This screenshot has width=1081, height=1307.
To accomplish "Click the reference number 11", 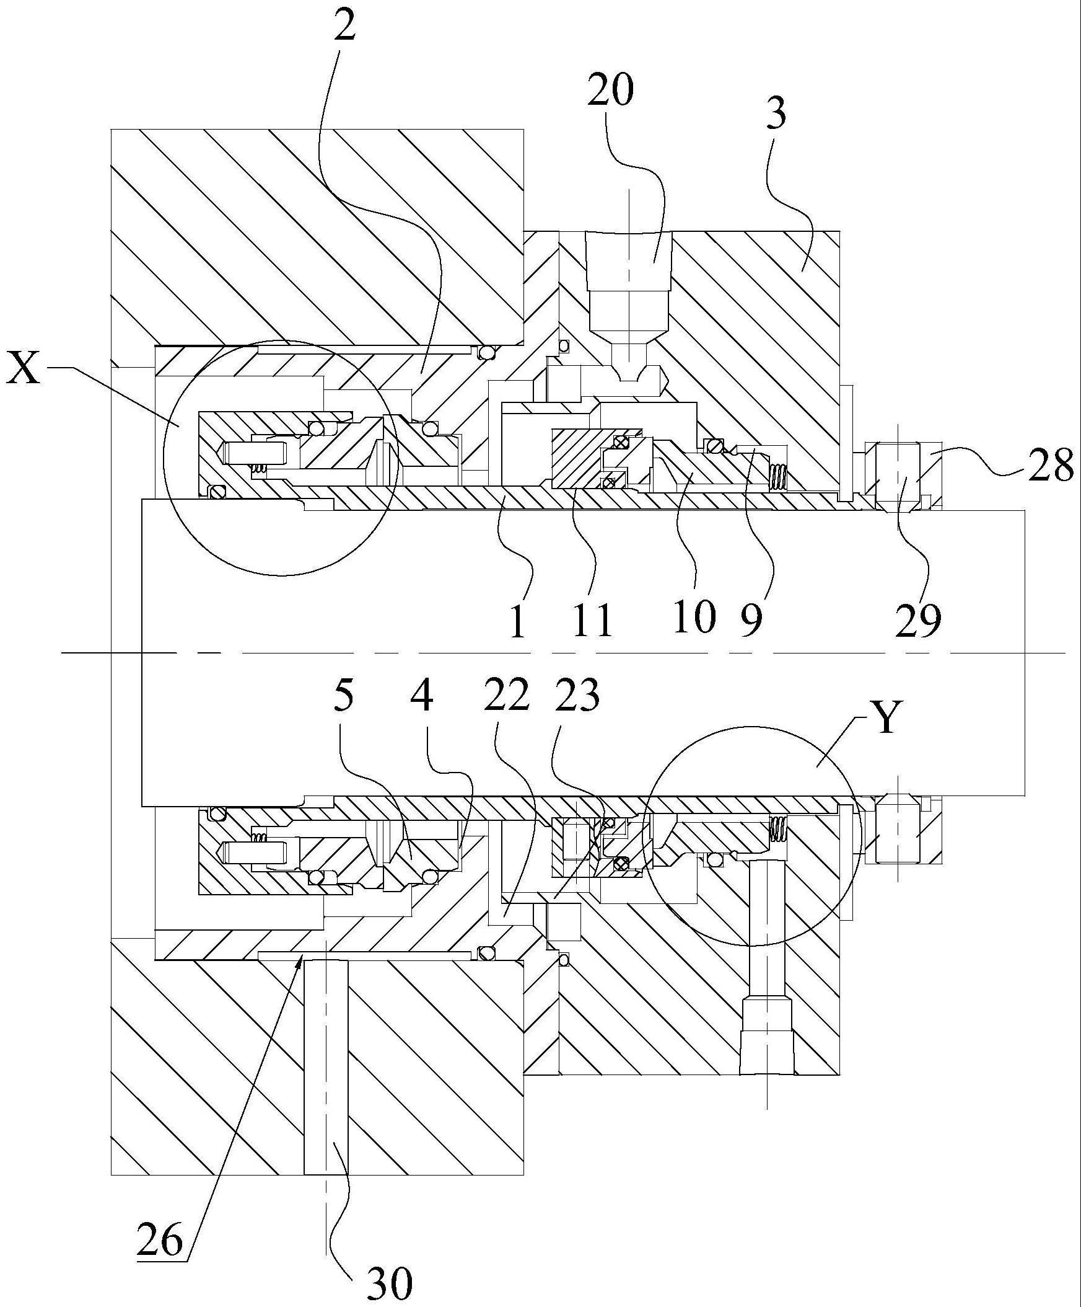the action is click(593, 619).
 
